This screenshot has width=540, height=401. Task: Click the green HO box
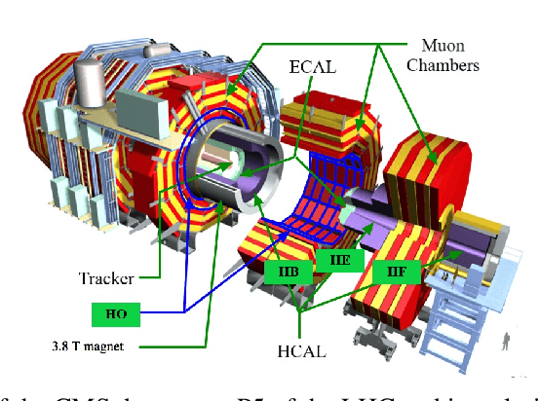point(116,312)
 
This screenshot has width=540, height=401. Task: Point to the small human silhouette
point(504,342)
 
